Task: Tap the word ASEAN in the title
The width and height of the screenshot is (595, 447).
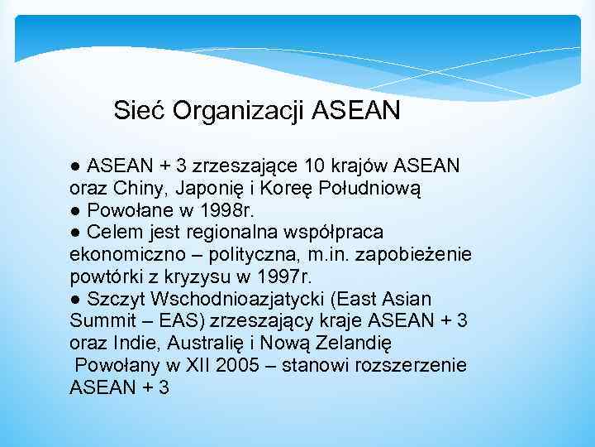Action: tap(357, 109)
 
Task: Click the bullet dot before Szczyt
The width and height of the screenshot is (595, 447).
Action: tap(76, 298)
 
